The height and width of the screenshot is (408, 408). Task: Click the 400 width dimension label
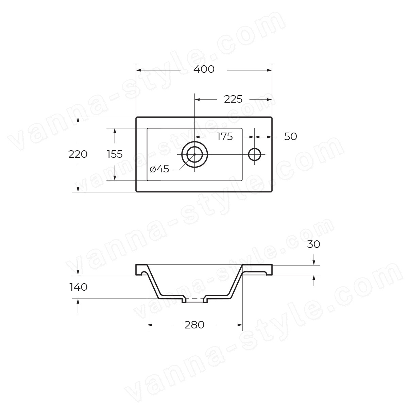(x=204, y=69)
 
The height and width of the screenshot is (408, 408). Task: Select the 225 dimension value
(x=233, y=99)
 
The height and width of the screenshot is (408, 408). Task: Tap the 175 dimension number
(x=225, y=137)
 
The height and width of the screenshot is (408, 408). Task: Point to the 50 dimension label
(x=290, y=137)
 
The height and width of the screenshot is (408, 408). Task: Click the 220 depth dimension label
(x=78, y=154)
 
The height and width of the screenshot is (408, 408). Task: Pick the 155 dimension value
(x=115, y=154)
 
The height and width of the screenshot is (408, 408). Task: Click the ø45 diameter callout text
(x=159, y=169)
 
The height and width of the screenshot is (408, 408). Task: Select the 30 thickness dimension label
(x=313, y=244)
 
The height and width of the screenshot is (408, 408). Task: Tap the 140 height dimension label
(x=78, y=287)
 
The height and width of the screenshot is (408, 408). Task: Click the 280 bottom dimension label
(x=194, y=325)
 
